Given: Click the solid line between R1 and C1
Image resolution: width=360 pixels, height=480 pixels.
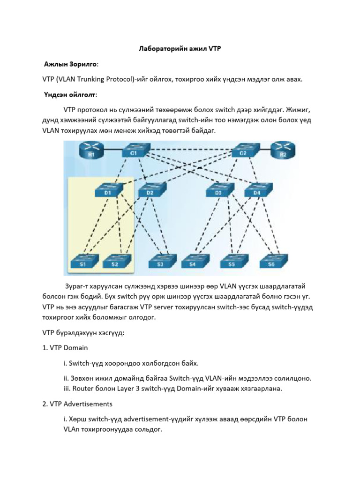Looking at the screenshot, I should coord(112,150).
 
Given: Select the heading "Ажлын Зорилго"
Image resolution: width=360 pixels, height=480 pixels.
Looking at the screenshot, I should coord(71,64).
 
